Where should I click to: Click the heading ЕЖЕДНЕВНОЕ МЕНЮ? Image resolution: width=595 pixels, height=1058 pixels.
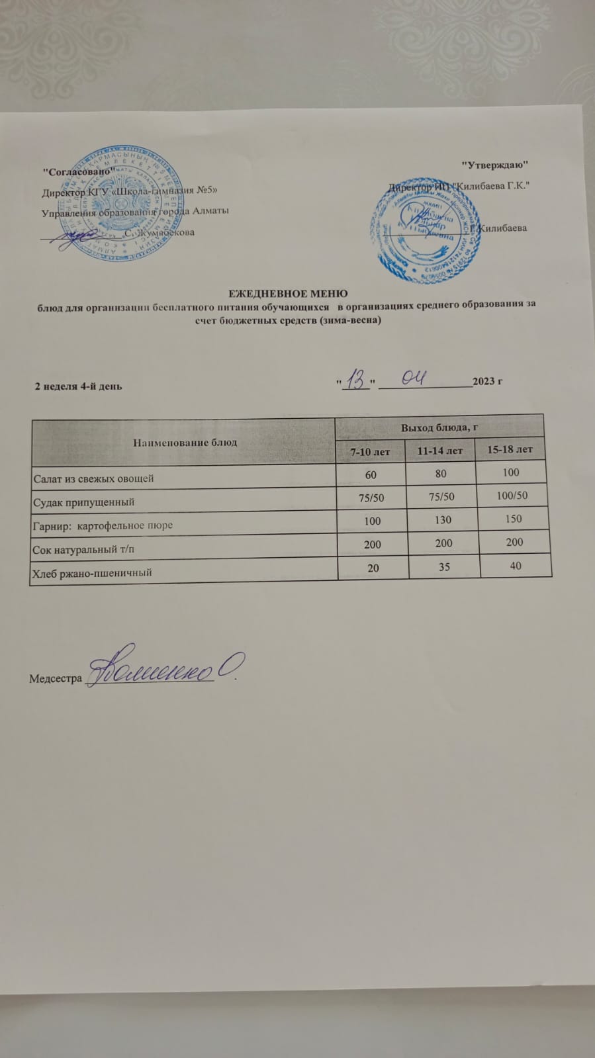[x=288, y=293]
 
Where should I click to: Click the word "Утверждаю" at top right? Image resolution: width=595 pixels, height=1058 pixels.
[x=496, y=164]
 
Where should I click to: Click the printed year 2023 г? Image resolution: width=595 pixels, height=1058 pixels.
[x=488, y=382]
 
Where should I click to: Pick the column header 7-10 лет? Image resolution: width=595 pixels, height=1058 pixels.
[x=370, y=452]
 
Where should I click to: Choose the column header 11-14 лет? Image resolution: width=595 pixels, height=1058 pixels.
[x=440, y=451]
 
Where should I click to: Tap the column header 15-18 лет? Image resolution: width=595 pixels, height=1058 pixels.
[x=510, y=450]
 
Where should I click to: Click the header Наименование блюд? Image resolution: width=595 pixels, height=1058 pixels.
[x=185, y=442]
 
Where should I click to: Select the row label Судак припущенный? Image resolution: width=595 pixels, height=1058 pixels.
[x=84, y=502]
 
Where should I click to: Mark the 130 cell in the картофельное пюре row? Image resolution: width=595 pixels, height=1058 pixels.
[x=442, y=520]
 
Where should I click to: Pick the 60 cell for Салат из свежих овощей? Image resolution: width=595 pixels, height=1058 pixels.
[x=371, y=475]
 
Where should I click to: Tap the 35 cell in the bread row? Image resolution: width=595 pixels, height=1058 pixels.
[x=443, y=567]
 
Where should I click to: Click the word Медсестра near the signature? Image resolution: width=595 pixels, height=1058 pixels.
[x=56, y=679]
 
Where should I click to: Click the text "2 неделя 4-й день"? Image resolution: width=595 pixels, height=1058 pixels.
[x=78, y=386]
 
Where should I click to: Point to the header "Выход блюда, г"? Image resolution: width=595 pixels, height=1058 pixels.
[x=439, y=427]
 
